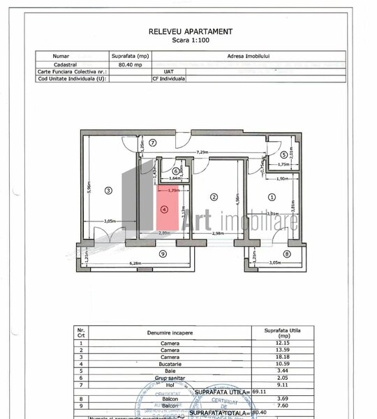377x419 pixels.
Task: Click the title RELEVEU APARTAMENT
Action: coord(191,31)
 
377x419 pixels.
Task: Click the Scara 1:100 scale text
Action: coord(191,41)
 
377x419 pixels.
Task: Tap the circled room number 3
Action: coord(109,190)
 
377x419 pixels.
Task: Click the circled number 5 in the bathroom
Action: coord(283,155)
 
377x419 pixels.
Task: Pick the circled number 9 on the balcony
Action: coord(162,253)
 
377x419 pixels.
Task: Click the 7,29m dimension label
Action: coord(203,151)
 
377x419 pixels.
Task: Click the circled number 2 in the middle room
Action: coord(215,196)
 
